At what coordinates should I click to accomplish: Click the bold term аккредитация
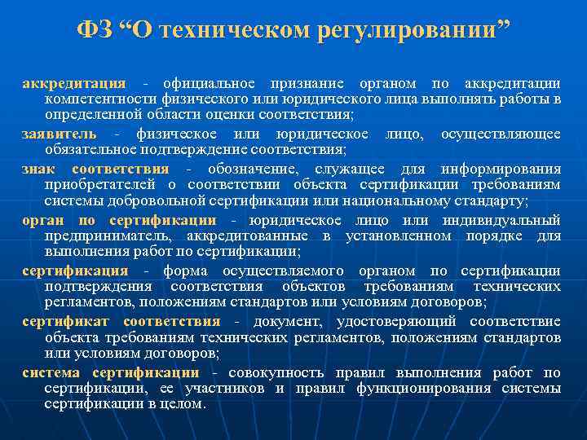(73, 83)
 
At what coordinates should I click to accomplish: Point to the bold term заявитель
(59, 134)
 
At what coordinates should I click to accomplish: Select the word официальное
(209, 83)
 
